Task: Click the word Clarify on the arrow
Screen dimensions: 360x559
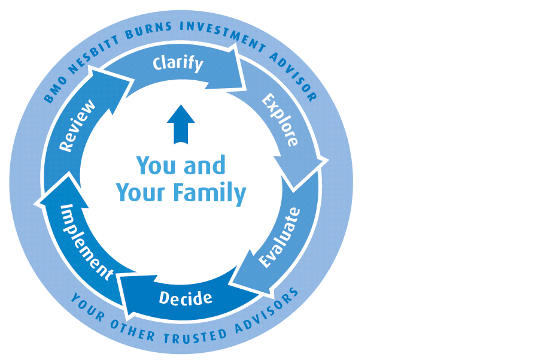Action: coord(178,63)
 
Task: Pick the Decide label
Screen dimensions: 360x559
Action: coord(186,297)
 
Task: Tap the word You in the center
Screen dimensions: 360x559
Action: coord(156,166)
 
